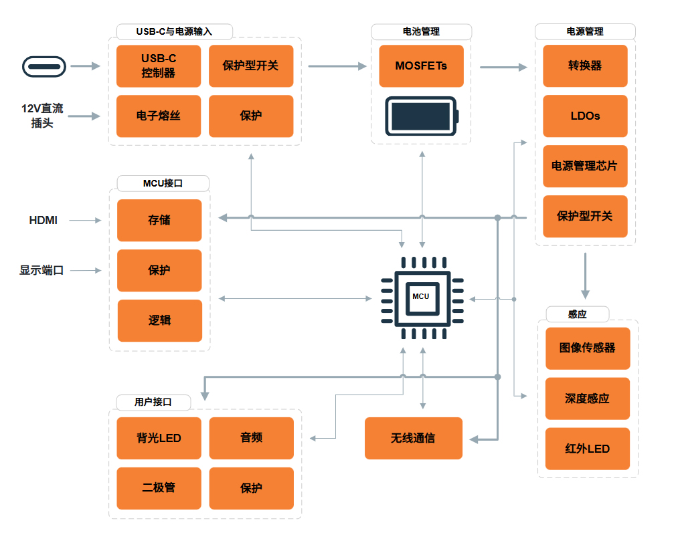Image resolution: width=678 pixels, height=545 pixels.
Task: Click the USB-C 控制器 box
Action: click(159, 66)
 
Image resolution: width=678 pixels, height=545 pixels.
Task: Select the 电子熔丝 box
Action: click(159, 116)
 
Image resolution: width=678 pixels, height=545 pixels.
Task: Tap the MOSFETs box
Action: click(421, 66)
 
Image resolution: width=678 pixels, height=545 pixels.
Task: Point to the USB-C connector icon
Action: click(45, 66)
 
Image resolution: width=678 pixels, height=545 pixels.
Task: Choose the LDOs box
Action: click(585, 116)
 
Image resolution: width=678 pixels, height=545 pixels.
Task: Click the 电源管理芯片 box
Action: click(585, 166)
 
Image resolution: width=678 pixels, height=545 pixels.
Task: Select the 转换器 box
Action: click(585, 66)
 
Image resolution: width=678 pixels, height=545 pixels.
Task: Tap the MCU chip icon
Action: click(421, 296)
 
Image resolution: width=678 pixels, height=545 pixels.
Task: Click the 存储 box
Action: click(159, 220)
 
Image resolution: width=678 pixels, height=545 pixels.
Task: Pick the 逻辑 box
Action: click(159, 320)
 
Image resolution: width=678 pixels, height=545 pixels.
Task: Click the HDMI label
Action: click(44, 220)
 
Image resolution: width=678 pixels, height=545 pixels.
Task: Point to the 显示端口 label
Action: click(41, 271)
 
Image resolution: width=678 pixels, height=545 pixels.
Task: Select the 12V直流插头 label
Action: click(42, 115)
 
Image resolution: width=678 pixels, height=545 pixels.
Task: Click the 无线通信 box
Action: click(413, 438)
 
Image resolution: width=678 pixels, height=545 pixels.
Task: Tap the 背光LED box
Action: click(159, 438)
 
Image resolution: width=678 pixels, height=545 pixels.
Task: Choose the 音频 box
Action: click(251, 438)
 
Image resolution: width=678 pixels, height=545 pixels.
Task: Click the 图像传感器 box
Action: click(588, 348)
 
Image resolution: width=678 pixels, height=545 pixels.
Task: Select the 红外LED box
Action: click(588, 448)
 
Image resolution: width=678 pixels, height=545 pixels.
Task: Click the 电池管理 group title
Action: click(421, 31)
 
